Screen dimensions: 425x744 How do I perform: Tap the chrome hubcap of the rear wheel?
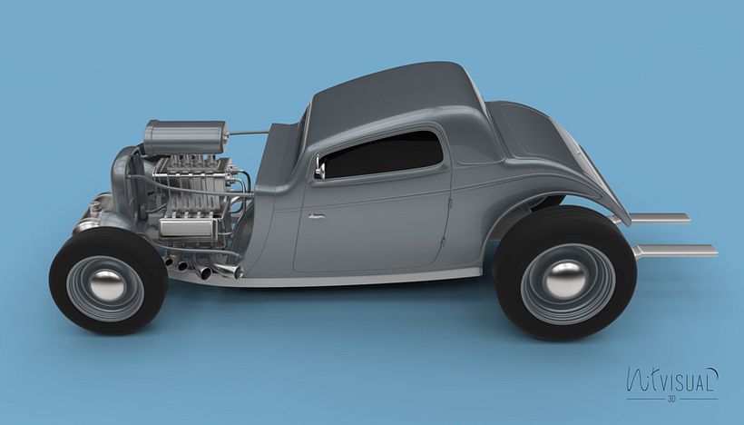point(566,279)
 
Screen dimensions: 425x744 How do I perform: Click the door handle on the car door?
point(316,216)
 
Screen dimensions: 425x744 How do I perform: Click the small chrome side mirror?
point(319,170)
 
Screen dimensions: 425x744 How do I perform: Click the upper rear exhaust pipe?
point(660,218)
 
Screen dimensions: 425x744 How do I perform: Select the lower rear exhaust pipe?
point(676,251)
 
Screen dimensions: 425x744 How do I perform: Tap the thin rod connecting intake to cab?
point(249,133)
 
